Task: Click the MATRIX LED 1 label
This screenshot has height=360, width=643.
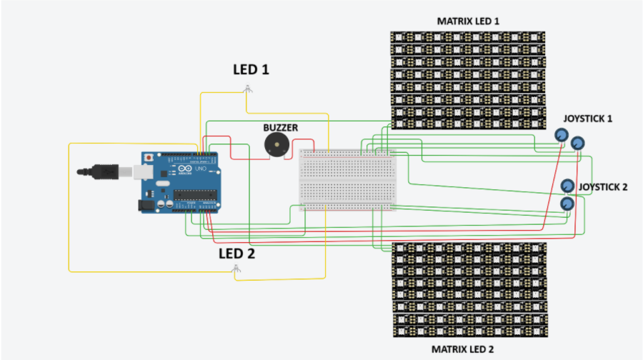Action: coord(468,21)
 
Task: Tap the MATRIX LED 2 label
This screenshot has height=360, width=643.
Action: coord(468,349)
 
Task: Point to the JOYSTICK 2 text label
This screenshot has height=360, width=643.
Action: coord(602,187)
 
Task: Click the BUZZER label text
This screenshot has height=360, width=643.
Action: coord(280,128)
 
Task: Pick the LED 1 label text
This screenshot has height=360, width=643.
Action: coord(251,70)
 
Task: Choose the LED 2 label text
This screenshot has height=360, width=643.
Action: coord(236,253)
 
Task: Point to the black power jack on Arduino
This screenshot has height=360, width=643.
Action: coord(146,204)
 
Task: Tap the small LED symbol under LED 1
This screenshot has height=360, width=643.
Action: coord(247,89)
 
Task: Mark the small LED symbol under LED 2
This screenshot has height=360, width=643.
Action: coord(236,270)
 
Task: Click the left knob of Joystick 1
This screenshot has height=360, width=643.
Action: coord(562,135)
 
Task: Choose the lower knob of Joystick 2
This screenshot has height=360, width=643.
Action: coord(567,204)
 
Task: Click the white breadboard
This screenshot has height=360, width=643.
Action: coord(347,179)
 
